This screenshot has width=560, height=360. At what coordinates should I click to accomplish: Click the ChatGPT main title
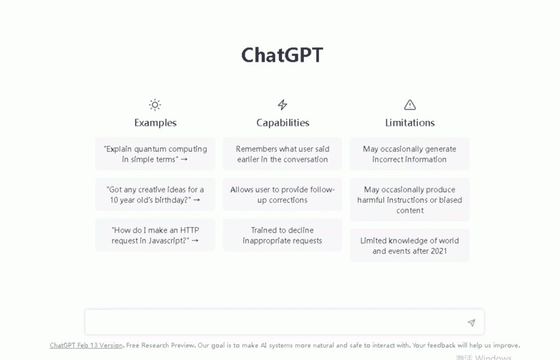coord(282,55)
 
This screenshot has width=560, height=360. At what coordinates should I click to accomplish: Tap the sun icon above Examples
coord(155,104)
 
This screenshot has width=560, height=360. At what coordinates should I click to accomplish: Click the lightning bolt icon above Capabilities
coord(283,104)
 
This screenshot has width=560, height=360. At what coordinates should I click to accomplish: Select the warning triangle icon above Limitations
coord(410,104)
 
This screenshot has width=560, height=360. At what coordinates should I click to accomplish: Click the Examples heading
coord(155,123)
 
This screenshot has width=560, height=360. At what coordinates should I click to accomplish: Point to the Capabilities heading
coord(283,123)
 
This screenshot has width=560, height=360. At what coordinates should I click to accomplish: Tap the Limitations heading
coord(410,123)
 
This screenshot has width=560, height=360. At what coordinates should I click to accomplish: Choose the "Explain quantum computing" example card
coord(155,154)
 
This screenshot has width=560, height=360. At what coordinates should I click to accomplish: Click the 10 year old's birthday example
coord(155,195)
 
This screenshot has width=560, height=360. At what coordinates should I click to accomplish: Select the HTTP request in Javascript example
coord(155,235)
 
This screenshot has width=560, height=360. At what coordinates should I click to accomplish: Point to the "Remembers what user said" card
coord(283,154)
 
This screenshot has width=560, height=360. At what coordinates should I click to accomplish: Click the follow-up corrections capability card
coord(283,195)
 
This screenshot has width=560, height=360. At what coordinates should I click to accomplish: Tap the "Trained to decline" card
coord(283,235)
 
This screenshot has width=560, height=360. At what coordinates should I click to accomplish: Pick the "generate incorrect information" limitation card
coord(410,154)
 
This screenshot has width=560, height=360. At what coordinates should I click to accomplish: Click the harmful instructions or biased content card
coord(410,200)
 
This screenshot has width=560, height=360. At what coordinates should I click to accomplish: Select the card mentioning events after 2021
coord(410,246)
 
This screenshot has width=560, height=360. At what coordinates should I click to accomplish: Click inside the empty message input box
coord(275,322)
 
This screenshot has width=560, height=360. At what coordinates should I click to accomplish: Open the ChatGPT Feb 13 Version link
coord(86,345)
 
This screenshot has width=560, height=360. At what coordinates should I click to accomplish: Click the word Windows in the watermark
coord(493,357)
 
